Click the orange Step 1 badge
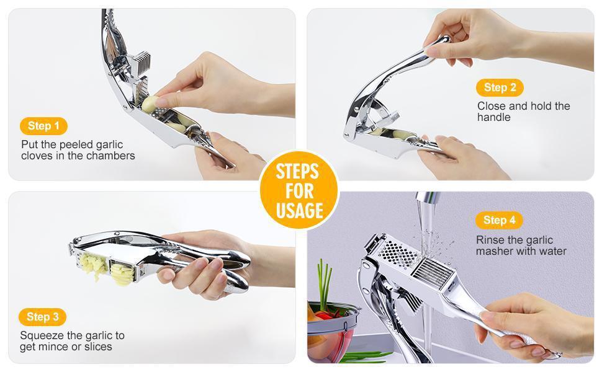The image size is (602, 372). [x=43, y=126]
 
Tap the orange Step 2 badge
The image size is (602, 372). [x=500, y=87]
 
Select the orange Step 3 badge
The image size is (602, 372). [x=42, y=317]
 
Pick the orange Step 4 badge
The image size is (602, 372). [x=499, y=220]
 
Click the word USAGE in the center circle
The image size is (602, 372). [x=299, y=211]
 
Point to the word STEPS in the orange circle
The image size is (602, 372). [x=297, y=171]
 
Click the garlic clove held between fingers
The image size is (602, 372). [x=150, y=104]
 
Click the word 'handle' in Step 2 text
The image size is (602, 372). [x=494, y=117]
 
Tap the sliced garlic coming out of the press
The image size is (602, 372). [x=122, y=274]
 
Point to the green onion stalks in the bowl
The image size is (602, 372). [x=325, y=286]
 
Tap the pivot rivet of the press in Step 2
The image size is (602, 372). [x=347, y=135]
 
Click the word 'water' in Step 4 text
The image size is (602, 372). [x=552, y=252]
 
